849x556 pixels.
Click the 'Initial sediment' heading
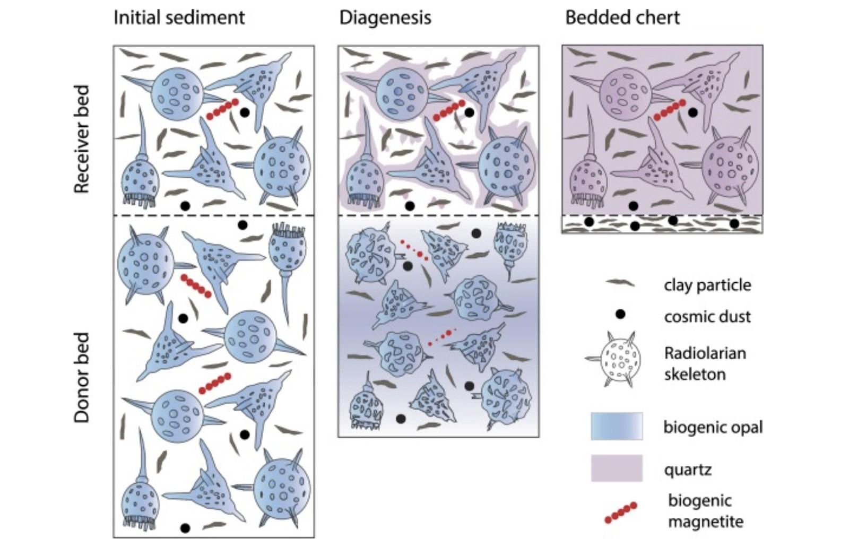(179, 18)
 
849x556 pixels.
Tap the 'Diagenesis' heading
(385, 18)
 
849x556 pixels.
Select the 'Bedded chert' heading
(622, 18)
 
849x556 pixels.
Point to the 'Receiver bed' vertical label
(81, 139)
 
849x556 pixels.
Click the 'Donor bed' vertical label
(81, 377)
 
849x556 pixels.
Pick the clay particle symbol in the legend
(620, 283)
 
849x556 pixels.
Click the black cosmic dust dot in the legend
(620, 314)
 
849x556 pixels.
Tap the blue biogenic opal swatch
(617, 426)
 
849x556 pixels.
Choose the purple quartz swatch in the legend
(617, 468)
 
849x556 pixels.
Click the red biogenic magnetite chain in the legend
(620, 512)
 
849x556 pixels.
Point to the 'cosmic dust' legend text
(707, 317)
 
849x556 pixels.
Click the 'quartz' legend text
(688, 470)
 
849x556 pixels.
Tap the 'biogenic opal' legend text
(713, 427)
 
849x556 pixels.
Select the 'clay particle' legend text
(707, 285)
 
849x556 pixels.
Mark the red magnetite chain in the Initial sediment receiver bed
(222, 109)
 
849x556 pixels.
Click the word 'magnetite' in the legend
(705, 522)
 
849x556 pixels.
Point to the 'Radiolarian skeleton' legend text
(705, 363)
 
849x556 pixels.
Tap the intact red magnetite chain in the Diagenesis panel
(449, 110)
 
